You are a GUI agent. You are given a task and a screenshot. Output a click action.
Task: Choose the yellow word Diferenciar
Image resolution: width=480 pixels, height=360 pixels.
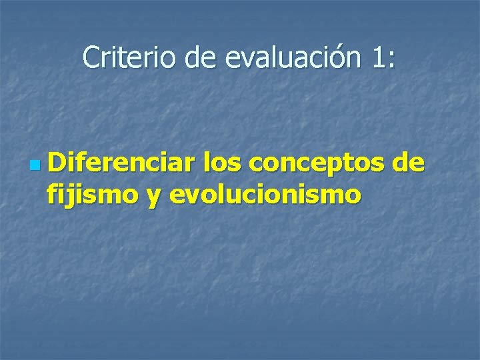point(121,162)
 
